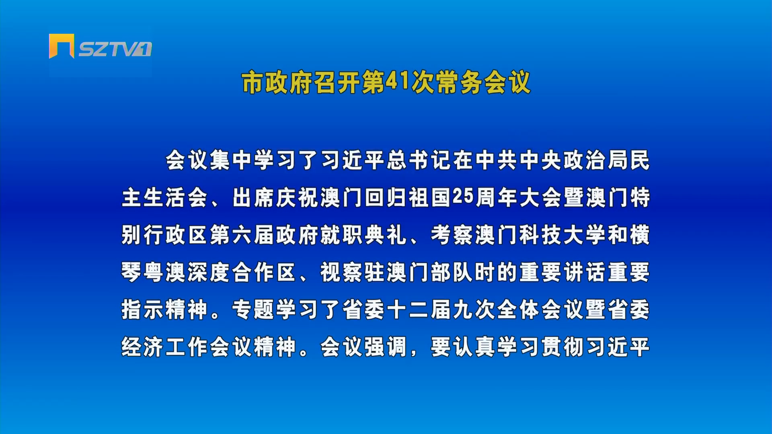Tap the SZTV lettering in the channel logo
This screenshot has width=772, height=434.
pos(109,49)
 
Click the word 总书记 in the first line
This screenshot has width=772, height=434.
pos(419,160)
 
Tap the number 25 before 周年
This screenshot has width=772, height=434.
pos(463,197)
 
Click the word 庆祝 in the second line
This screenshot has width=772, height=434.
pos(298,198)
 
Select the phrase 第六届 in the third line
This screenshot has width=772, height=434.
pos(242,235)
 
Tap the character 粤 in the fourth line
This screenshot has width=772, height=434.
pos(154,272)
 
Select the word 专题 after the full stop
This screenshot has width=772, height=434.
pos(254,310)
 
